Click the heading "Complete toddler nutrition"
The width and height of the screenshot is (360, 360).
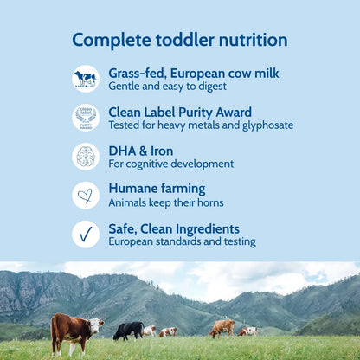(x=179, y=40)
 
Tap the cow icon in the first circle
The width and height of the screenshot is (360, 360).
(x=86, y=78)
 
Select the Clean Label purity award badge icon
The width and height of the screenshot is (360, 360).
(x=86, y=117)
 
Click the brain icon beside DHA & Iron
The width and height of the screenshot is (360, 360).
(x=86, y=156)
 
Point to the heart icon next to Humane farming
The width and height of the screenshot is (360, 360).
(x=86, y=195)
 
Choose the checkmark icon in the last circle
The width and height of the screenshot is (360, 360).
(x=86, y=234)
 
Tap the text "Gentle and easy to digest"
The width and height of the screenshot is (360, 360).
(x=167, y=87)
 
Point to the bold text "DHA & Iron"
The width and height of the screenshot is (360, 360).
(x=140, y=151)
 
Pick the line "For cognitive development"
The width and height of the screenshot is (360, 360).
(x=170, y=164)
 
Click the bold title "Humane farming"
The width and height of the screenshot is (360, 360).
(x=157, y=189)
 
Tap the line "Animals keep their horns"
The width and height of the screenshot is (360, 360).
(x=165, y=203)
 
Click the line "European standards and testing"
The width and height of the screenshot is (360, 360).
(x=182, y=242)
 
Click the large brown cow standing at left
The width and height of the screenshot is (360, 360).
(x=74, y=331)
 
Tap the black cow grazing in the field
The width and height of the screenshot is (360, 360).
(x=128, y=330)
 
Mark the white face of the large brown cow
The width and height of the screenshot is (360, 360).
(x=98, y=325)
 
